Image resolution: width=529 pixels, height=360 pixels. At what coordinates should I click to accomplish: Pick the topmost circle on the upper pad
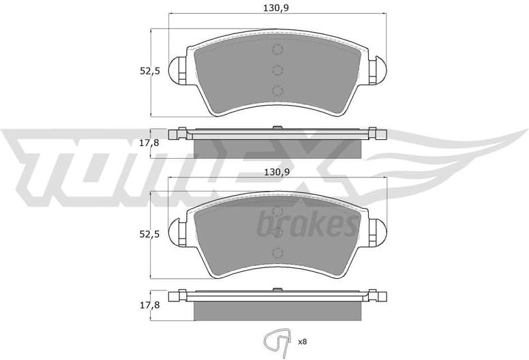click(x=277, y=49)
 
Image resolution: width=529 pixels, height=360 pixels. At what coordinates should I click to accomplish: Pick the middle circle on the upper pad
click(x=277, y=69)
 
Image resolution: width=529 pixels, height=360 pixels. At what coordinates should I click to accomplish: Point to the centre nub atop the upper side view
click(x=277, y=127)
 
